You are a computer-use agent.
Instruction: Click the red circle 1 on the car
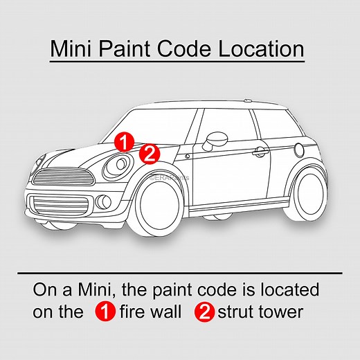(x=124, y=142)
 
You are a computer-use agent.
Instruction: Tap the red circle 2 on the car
(x=150, y=152)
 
